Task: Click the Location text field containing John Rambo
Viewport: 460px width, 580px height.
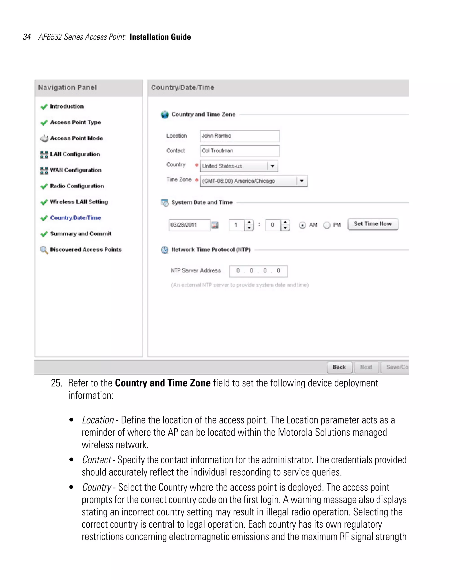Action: pos(239,136)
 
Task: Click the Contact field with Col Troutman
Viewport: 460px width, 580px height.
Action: pos(239,151)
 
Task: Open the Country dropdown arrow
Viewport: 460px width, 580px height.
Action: pos(272,166)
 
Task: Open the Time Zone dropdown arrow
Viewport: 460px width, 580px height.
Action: pos(302,181)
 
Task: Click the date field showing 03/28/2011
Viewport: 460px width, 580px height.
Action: pos(189,225)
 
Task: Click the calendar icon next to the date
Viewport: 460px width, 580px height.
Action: pos(215,225)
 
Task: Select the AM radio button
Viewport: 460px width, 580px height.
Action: pos(302,225)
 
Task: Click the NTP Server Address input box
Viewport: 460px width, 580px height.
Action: pos(258,271)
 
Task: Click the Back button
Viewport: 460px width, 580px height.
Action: pos(339,367)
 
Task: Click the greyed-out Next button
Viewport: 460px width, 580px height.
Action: pos(366,367)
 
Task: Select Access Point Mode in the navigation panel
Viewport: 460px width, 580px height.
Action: pos(76,138)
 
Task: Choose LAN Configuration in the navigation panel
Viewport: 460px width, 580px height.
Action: pos(75,154)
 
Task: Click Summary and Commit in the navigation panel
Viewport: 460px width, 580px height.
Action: pos(80,234)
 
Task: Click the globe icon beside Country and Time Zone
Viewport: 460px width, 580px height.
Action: pos(165,115)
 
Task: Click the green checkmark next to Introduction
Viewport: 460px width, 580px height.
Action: pos(44,107)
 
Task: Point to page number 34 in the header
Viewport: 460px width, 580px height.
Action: pos(27,37)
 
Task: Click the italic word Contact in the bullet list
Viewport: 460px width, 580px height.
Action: pos(96,460)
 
